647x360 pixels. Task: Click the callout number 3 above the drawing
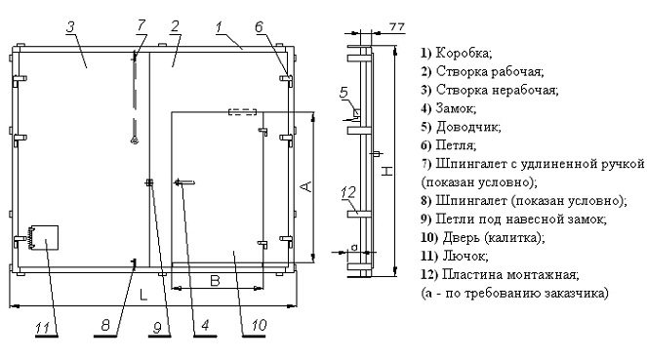[70, 26]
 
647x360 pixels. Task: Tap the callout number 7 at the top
[142, 25]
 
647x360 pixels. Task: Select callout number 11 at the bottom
[43, 328]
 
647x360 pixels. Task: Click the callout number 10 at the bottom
[259, 325]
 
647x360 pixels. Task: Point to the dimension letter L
[143, 295]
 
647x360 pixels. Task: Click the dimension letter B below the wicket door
[215, 280]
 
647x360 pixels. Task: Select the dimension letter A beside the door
[305, 186]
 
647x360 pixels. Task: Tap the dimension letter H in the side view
[386, 171]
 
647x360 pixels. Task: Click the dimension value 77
[396, 26]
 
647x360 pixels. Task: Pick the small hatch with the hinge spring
[43, 237]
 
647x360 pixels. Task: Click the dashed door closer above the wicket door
[243, 112]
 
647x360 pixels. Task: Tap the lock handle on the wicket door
[184, 182]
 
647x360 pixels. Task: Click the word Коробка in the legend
[463, 54]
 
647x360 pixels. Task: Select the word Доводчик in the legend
[466, 127]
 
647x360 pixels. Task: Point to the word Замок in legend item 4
[455, 108]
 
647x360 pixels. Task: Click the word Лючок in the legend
[465, 256]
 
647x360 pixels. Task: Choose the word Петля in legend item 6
[455, 145]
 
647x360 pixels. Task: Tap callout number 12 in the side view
[348, 192]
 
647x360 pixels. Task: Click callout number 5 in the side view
[344, 93]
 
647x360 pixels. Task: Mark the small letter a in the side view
[354, 247]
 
